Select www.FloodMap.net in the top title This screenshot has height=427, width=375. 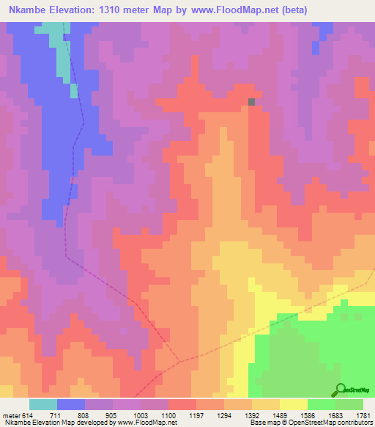point(226,10)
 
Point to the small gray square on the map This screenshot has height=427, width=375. point(253,102)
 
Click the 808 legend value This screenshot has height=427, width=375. point(83,415)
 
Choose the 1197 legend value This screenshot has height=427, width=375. point(195,415)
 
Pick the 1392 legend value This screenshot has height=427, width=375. point(251,415)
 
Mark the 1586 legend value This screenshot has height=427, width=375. point(307,415)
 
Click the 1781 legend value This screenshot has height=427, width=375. point(363,415)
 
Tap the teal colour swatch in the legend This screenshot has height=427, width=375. point(43,404)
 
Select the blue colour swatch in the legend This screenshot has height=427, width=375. point(71,404)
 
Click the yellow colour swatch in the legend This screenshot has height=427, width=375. point(294,404)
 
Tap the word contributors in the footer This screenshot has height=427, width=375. point(354,423)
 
